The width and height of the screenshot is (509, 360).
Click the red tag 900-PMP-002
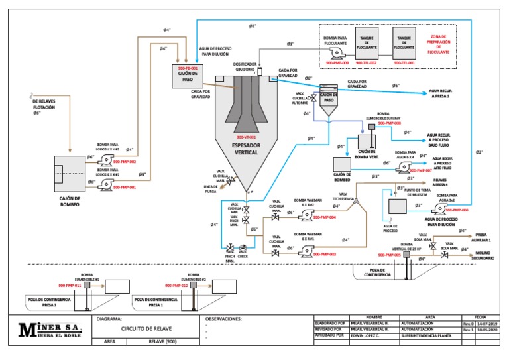point(124,162)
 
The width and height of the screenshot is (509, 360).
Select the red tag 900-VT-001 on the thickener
point(246,136)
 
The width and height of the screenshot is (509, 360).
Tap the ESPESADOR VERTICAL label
point(246,148)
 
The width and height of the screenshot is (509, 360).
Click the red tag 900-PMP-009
point(336,62)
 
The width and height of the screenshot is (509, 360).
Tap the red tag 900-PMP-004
point(324,217)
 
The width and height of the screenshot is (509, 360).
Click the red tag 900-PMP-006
point(456,210)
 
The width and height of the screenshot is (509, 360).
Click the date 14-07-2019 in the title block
point(490,324)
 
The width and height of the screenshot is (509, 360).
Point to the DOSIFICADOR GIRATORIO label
point(247,66)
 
